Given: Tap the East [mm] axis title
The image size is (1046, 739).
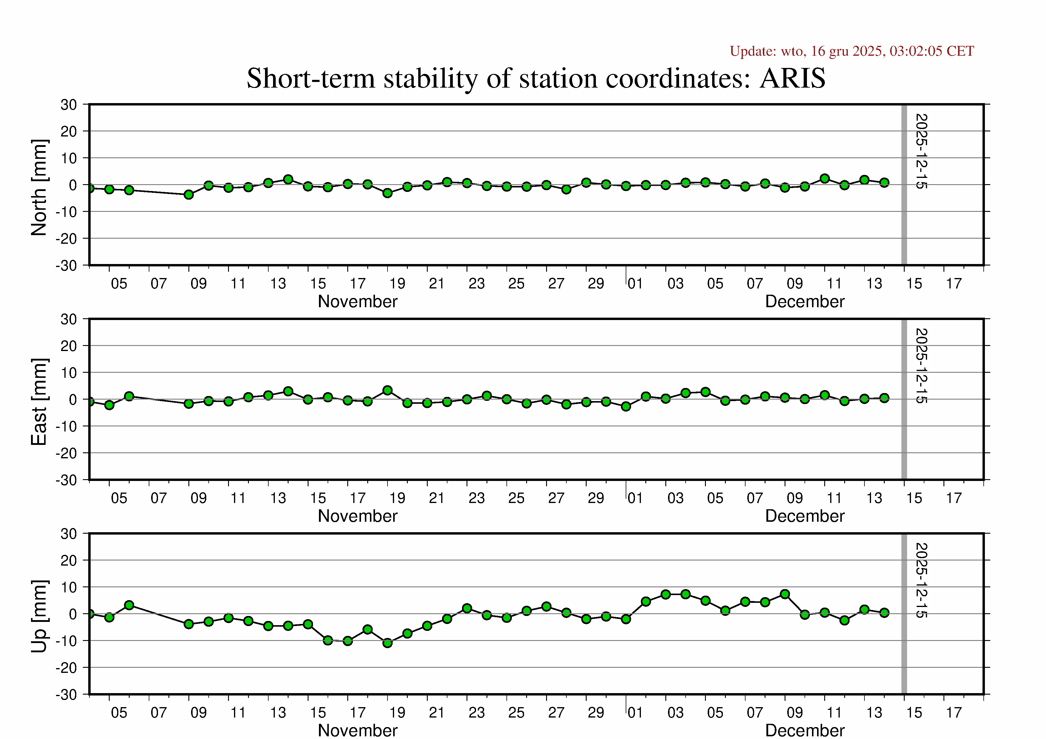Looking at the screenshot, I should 39,402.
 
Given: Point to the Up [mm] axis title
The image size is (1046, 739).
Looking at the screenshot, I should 39,616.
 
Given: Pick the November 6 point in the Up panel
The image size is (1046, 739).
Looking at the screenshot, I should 129,605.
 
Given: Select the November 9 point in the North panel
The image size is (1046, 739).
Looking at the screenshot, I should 189,194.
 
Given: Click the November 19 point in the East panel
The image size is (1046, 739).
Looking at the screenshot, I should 388,390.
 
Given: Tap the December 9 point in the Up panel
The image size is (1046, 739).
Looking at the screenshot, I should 785,594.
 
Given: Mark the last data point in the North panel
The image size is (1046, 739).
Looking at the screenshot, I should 884,183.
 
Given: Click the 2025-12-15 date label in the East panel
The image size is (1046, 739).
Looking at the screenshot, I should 921,366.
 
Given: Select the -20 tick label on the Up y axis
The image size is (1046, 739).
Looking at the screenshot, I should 66,667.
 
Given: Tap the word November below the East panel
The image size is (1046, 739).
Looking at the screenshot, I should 358,516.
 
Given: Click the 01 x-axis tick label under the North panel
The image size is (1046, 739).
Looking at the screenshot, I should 635,284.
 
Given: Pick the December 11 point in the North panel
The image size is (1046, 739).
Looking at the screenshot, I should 825,178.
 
